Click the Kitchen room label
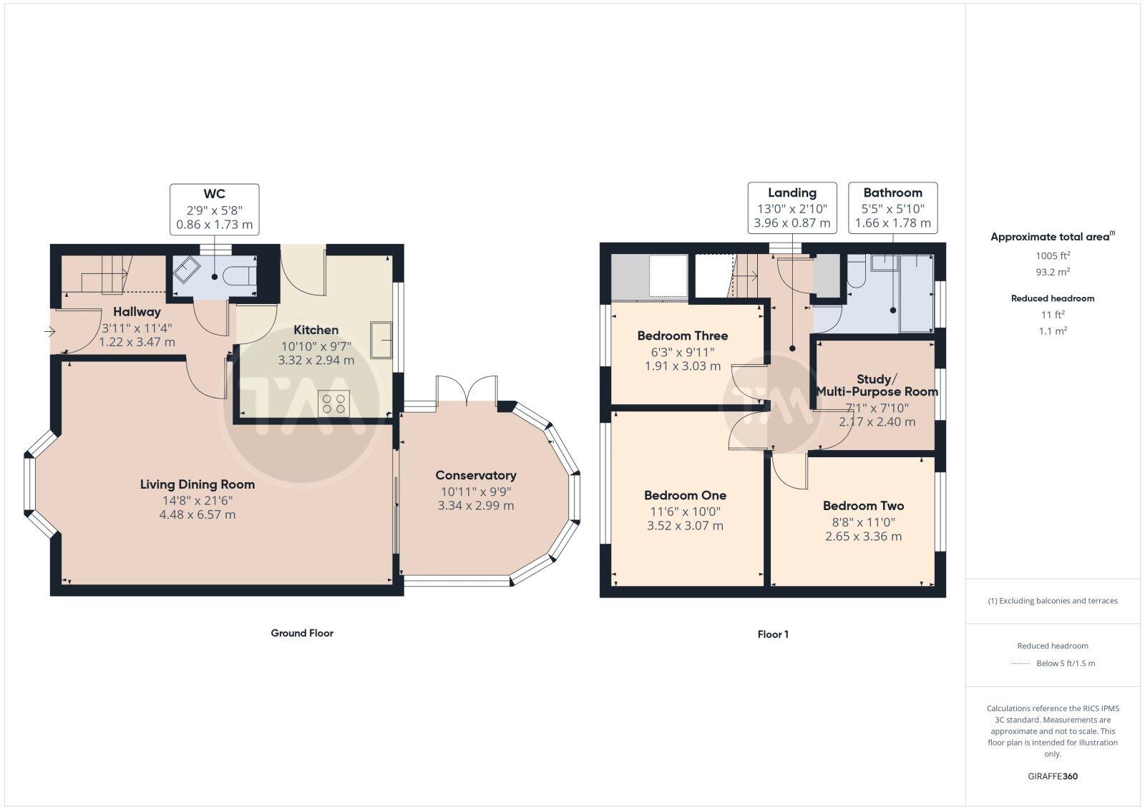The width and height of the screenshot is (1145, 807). [316, 330]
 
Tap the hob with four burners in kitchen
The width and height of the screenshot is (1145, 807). [333, 402]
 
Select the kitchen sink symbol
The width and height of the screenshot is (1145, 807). [381, 339]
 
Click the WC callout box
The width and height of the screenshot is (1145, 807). [214, 209]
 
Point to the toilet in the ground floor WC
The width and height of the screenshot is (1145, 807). [236, 275]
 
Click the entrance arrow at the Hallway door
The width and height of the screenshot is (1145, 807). [49, 331]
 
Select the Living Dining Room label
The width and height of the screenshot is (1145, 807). [197, 484]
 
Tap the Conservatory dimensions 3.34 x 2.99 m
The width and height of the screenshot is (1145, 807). [475, 505]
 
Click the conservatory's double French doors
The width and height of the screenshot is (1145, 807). [467, 390]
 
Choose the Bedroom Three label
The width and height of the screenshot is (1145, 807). [682, 336]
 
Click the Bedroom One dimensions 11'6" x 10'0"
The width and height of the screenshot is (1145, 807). [685, 512]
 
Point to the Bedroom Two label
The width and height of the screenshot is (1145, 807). [863, 506]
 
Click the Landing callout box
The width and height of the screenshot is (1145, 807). [791, 207]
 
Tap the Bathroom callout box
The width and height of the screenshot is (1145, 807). [892, 207]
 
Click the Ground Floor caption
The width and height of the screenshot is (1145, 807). [301, 633]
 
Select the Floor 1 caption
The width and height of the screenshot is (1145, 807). [772, 635]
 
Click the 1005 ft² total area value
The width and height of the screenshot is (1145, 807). [1052, 255]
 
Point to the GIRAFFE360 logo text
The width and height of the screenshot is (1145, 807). [1052, 776]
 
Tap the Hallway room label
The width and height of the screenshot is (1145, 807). [137, 312]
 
